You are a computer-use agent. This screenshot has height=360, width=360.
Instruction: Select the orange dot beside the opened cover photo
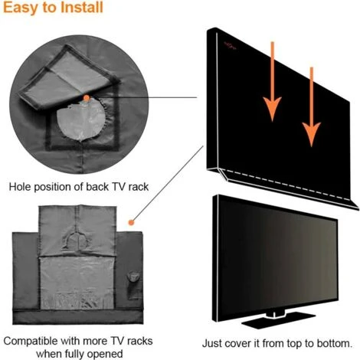coord(133,222)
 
